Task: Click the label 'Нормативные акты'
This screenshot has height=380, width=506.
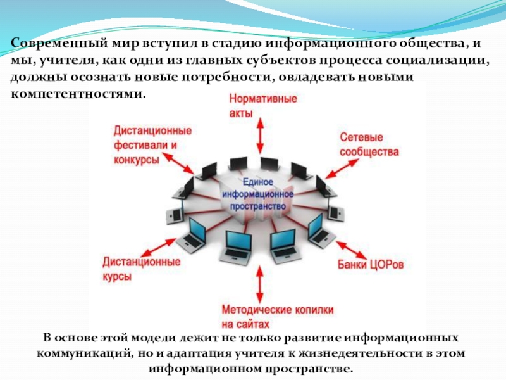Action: [x=255, y=106]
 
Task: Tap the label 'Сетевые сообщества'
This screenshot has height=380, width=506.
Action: [x=369, y=145]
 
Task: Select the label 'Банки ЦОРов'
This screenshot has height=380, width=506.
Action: [x=369, y=262]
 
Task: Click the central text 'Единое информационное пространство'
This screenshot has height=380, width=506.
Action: [x=257, y=193]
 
